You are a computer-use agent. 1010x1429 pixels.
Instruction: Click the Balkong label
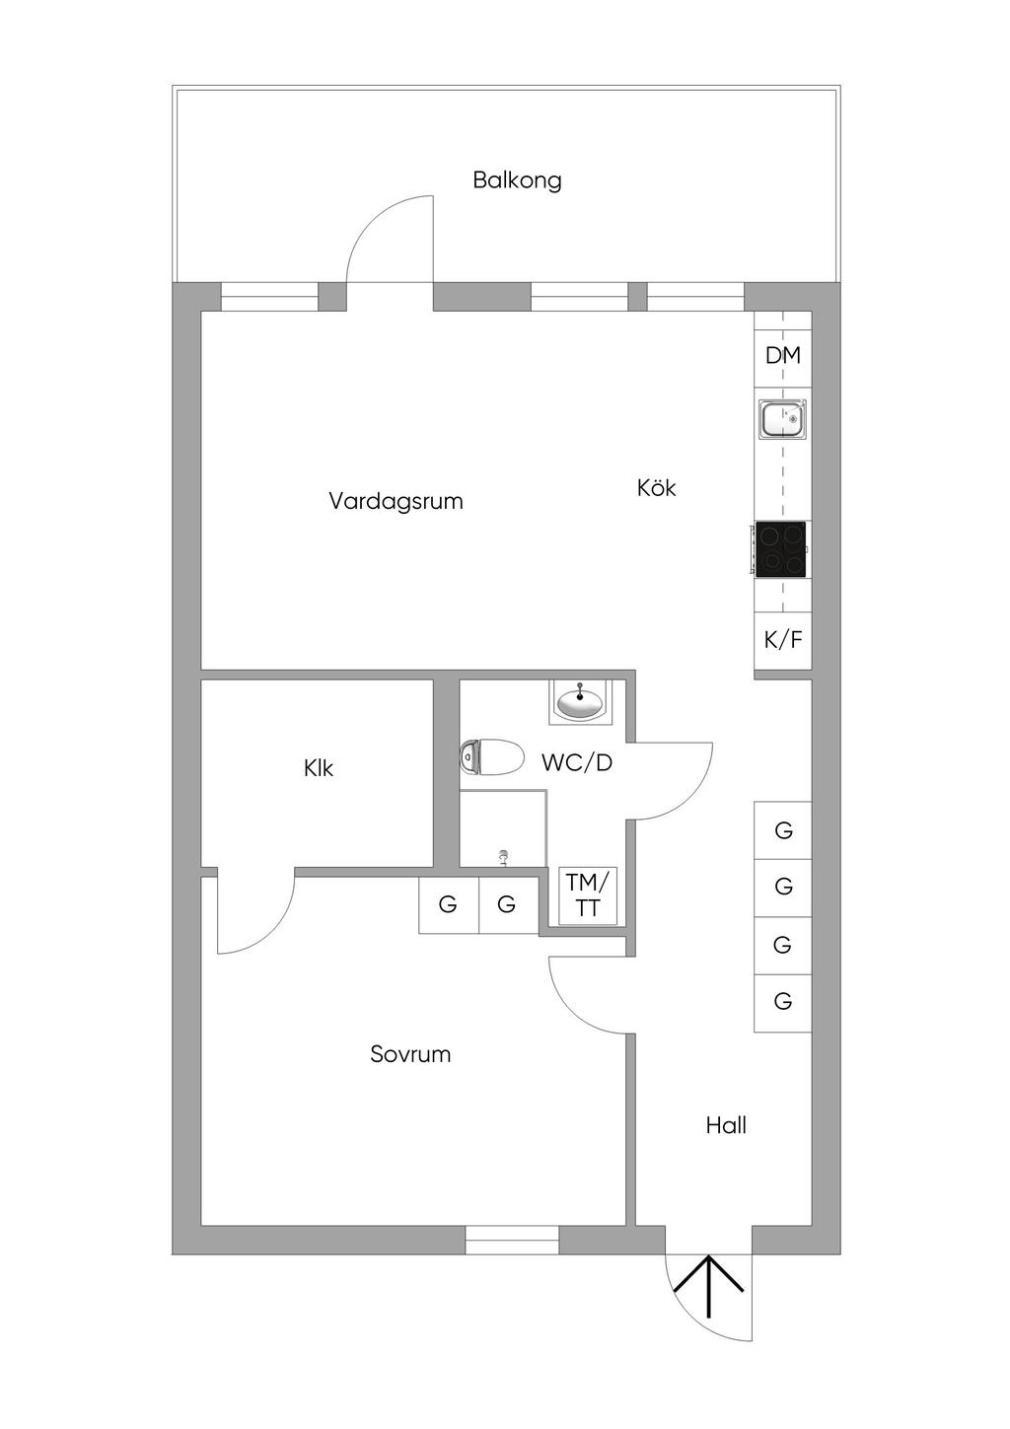pyautogui.click(x=517, y=180)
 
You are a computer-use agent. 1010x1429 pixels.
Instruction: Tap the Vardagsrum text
pyautogui.click(x=396, y=501)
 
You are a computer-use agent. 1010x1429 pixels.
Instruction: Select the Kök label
pyautogui.click(x=656, y=488)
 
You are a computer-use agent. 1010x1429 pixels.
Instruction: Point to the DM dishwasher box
pyautogui.click(x=783, y=355)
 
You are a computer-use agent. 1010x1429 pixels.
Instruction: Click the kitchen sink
pyautogui.click(x=782, y=419)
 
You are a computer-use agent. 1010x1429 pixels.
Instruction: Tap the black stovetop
pyautogui.click(x=780, y=549)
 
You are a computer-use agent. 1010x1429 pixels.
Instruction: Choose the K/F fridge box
pyautogui.click(x=783, y=640)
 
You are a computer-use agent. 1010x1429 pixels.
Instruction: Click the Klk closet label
pyautogui.click(x=319, y=768)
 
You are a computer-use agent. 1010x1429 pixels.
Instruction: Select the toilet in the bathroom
pyautogui.click(x=491, y=757)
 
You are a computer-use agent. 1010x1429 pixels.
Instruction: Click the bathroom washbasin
pyautogui.click(x=579, y=702)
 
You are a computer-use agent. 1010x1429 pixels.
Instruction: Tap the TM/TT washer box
pyautogui.click(x=588, y=895)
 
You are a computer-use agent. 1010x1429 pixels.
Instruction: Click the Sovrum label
pyautogui.click(x=410, y=1054)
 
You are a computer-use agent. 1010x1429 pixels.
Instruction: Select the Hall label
pyautogui.click(x=726, y=1125)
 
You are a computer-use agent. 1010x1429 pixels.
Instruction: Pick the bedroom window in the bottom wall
pyautogui.click(x=512, y=1240)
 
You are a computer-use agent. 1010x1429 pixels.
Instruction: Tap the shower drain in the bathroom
pyautogui.click(x=504, y=856)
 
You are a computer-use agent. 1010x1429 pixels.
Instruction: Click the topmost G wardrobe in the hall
pyautogui.click(x=783, y=830)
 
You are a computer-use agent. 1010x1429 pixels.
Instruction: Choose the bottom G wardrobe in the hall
pyautogui.click(x=783, y=1002)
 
